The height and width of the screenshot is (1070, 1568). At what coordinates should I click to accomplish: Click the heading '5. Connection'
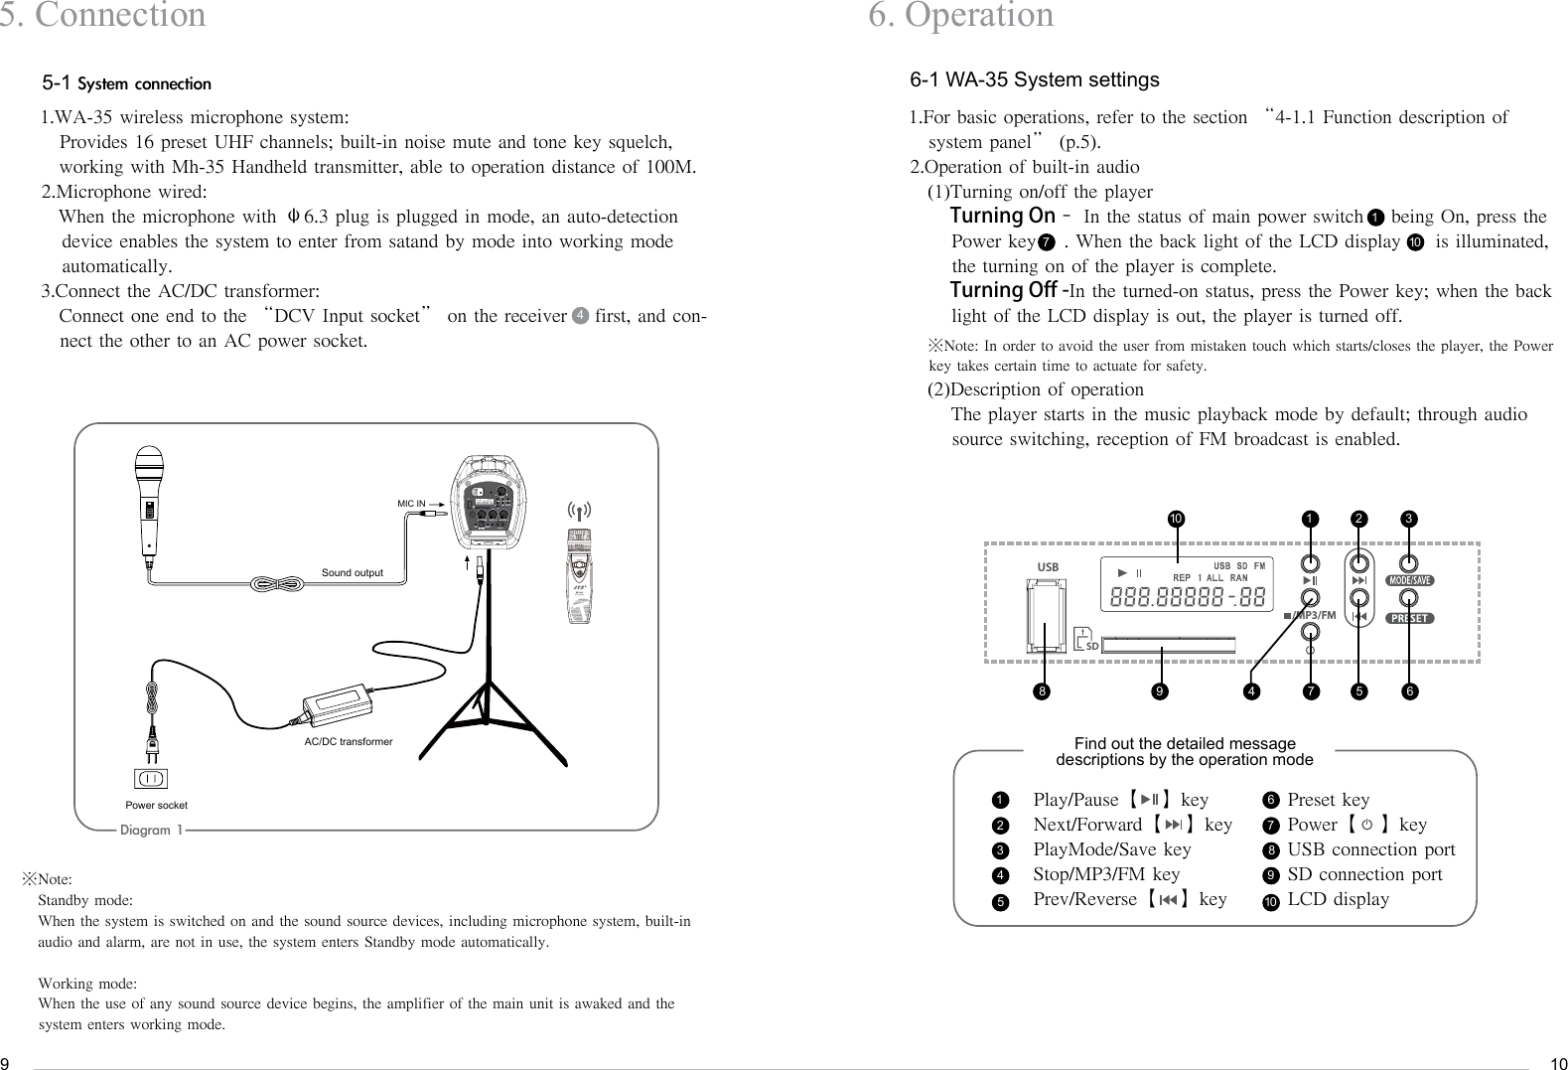click(103, 16)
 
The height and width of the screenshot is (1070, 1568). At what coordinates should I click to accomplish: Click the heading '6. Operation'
click(960, 16)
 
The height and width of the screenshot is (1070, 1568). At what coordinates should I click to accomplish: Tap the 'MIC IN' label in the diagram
click(411, 504)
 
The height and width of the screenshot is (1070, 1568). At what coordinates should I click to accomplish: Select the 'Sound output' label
click(352, 573)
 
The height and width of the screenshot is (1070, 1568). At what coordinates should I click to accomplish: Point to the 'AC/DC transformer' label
click(348, 742)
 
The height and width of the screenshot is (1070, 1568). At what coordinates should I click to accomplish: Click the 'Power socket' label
click(156, 805)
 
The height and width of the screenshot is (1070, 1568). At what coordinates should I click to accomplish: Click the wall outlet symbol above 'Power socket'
click(150, 777)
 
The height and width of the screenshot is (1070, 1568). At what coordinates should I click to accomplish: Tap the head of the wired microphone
click(149, 465)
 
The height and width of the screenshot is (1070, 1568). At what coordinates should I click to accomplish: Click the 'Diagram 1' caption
click(150, 831)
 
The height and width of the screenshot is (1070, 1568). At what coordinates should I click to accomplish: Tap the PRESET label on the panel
click(1408, 618)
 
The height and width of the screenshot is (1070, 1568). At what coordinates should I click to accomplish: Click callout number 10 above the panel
click(1176, 519)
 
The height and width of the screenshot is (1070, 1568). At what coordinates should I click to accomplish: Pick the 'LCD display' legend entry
click(1338, 899)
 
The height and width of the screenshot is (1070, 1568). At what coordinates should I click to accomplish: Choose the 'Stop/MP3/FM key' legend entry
click(1106, 874)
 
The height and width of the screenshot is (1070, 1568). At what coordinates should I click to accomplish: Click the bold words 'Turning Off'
click(1002, 291)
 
